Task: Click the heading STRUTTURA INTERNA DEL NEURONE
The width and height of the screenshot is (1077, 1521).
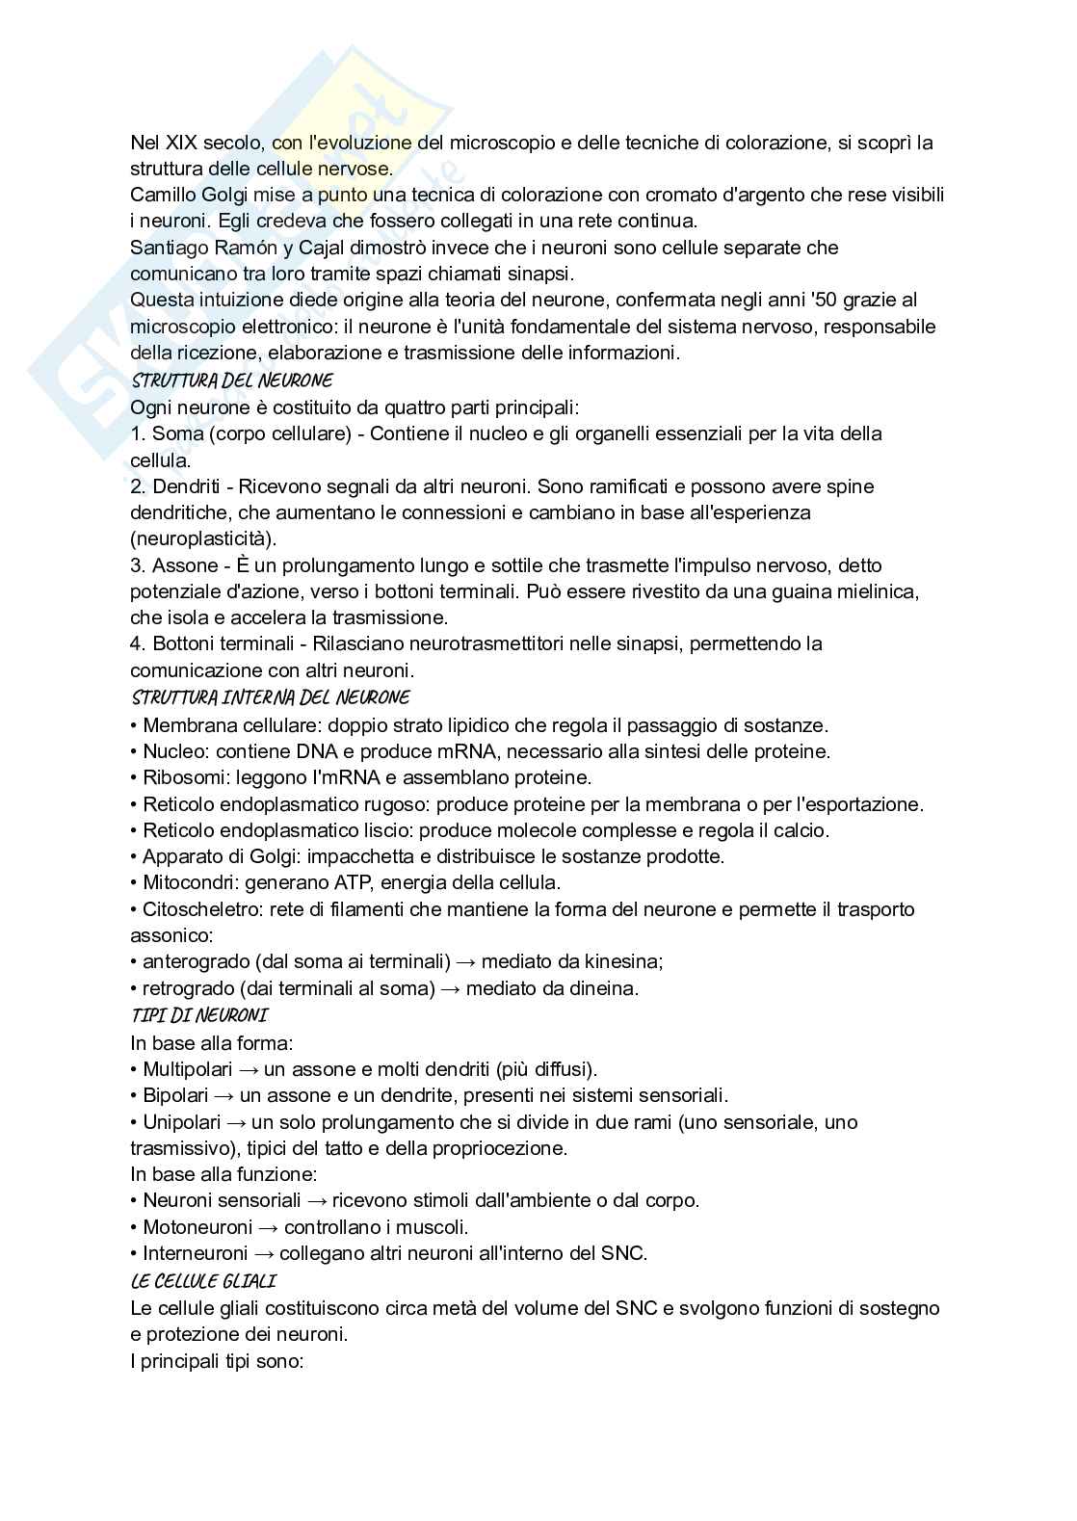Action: [x=270, y=697]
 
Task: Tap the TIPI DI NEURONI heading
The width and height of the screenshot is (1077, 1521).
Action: [x=198, y=1015]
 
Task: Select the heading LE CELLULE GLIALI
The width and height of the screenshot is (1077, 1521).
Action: [x=202, y=1281]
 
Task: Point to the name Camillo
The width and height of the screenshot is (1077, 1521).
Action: [x=165, y=196]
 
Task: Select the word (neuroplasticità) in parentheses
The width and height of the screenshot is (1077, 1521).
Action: [x=202, y=538]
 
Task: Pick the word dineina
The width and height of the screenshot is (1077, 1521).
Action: [x=605, y=988]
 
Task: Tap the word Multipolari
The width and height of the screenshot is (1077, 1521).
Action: [x=187, y=1069]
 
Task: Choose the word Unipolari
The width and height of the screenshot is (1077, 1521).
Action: [x=182, y=1122]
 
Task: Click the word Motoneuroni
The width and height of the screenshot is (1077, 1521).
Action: [x=197, y=1227]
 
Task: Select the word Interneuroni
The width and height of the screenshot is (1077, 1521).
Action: [x=197, y=1253]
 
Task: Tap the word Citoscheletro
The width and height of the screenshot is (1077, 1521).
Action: [x=201, y=909]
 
